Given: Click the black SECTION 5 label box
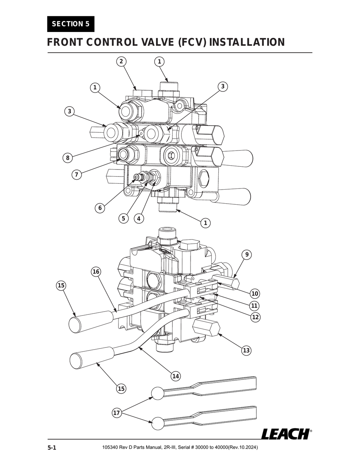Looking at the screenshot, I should coord(71,24).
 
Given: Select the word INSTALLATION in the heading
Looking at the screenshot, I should coord(247,43).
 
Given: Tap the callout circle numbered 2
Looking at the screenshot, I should coord(121,62).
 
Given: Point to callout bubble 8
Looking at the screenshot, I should coord(67,158).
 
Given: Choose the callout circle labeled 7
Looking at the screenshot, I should coord(77,174).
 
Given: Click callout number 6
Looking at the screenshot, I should coord(100,208).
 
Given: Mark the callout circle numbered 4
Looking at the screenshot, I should coord(139,218).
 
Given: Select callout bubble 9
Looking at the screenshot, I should coord(247,255).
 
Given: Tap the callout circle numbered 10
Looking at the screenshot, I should coord(255,294).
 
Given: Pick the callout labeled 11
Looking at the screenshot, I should coord(255,305).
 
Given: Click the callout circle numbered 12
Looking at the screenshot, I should coord(255,317).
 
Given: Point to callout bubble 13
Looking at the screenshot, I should coord(246,350).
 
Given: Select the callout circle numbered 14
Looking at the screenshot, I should coord(175,376).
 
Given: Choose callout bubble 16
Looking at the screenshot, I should coord(96,272).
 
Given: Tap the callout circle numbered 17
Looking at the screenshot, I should coord(117,413).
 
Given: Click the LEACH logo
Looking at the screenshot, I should coord(285,434).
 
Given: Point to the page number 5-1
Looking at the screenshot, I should coord(52,448).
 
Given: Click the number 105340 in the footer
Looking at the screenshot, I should coord(110,447).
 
